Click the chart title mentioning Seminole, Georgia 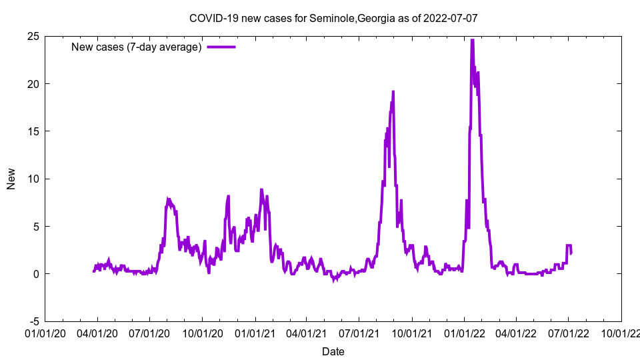coord(333,18)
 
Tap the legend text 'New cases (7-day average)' coord(137,47)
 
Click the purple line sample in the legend coord(221,47)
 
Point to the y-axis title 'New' coord(11,179)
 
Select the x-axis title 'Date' coord(333,351)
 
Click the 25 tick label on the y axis coord(33,36)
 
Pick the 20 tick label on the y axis coord(33,83)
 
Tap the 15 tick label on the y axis coord(33,131)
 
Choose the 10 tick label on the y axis coord(33,179)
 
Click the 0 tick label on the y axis coord(36,274)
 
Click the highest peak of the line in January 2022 coord(472,40)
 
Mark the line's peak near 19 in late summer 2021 coord(393,91)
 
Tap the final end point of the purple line coord(571,253)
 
